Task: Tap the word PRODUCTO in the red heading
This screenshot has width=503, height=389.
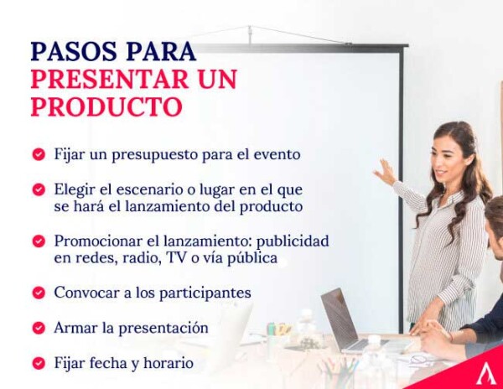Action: (x=106, y=107)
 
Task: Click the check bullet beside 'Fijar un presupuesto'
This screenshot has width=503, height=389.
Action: (x=39, y=155)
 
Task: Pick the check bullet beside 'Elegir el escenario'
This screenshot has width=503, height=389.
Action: (x=39, y=189)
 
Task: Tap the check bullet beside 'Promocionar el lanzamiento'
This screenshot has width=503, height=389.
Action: (x=39, y=241)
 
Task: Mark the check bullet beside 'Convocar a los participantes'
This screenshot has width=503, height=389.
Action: (x=39, y=293)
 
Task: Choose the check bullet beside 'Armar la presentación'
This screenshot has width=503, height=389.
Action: (x=39, y=329)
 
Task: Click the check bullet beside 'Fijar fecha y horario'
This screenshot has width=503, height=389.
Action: (x=39, y=364)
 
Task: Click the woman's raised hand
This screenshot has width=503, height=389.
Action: (x=385, y=172)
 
